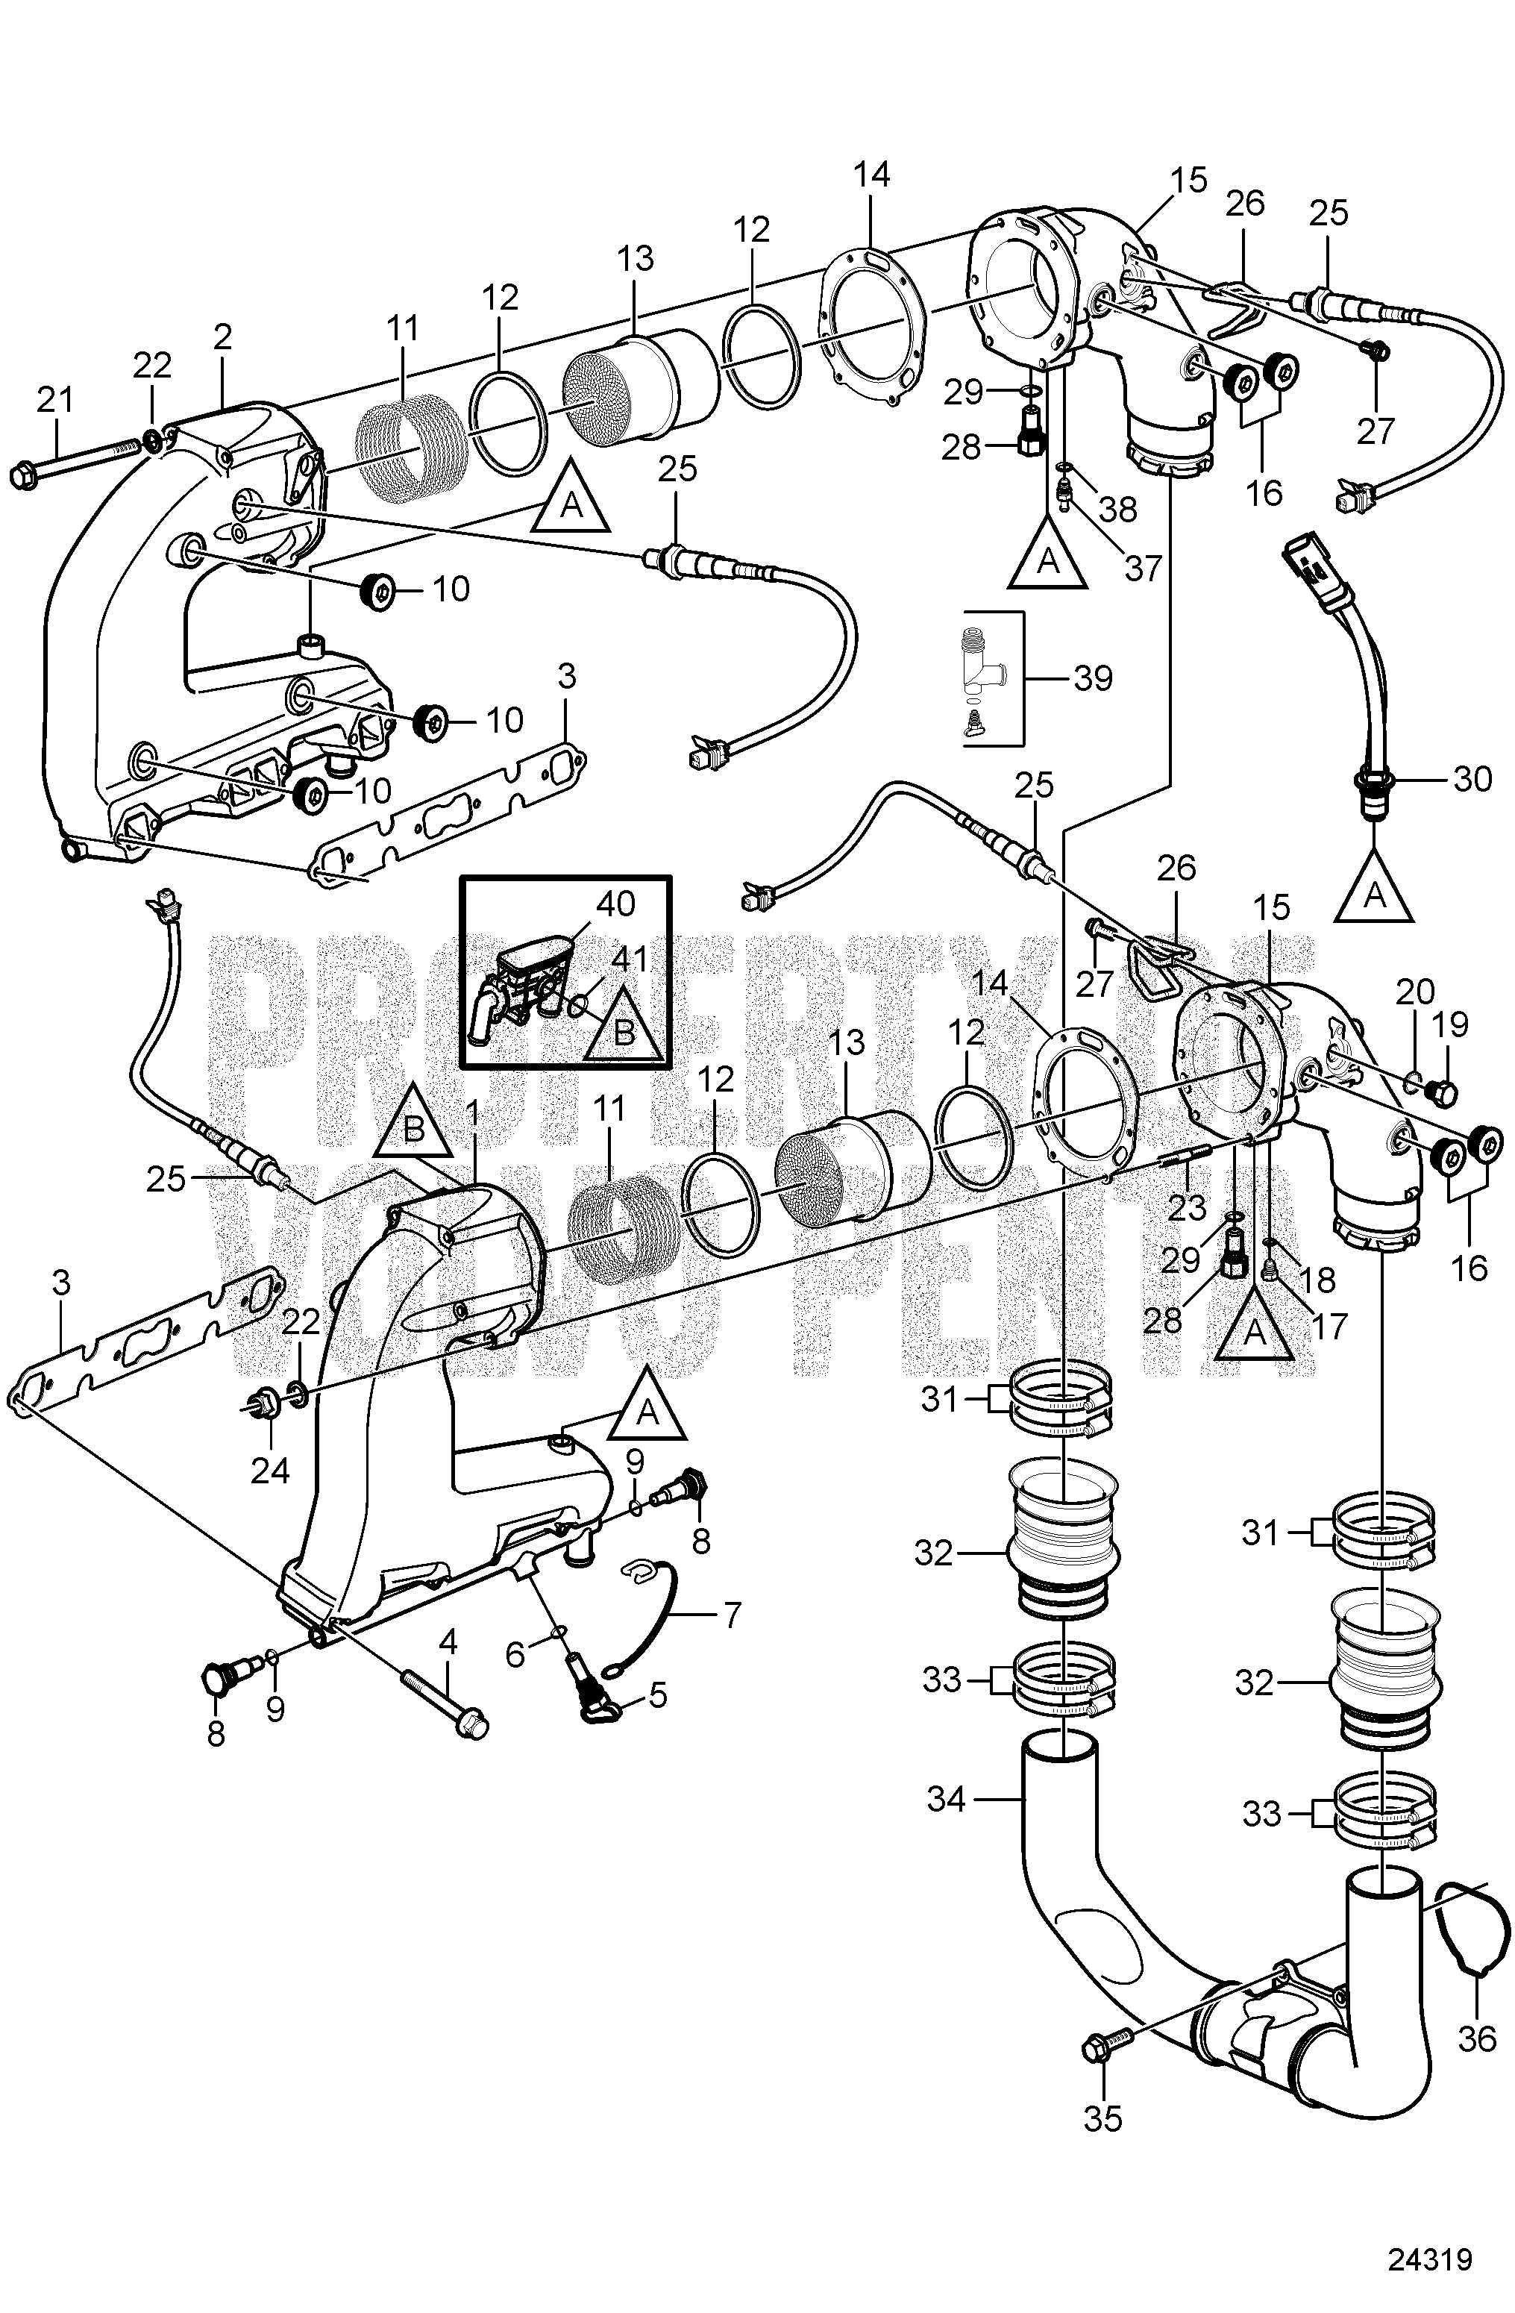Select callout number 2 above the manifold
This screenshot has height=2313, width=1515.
coord(222,337)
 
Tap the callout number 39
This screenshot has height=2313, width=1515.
coord(1094,678)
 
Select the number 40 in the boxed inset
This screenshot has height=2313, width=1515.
coord(615,904)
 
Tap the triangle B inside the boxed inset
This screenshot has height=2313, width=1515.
coord(625,1028)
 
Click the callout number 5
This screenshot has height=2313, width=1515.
coord(658,1695)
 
